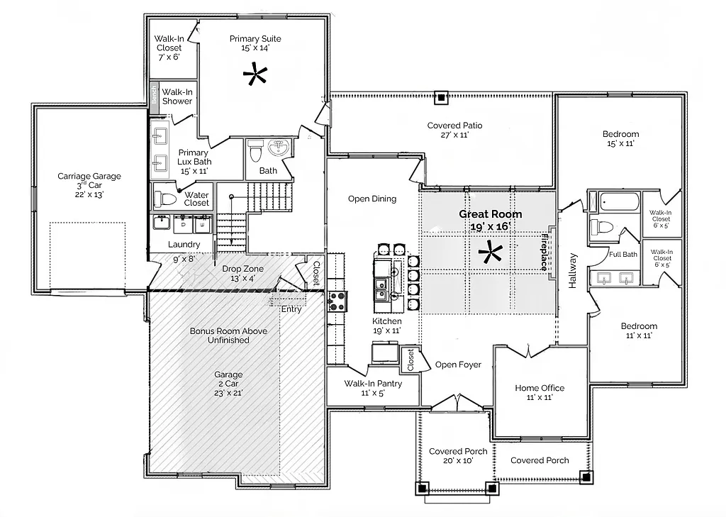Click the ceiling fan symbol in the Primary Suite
(x=254, y=74)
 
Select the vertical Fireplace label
(x=544, y=252)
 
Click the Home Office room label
(x=540, y=392)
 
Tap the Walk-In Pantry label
(x=373, y=388)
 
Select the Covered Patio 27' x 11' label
(x=454, y=130)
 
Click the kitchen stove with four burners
(x=335, y=303)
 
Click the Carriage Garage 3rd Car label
(x=89, y=185)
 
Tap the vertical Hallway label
(x=573, y=271)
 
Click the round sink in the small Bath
(x=279, y=148)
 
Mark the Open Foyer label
(x=458, y=365)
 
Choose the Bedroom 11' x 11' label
(x=639, y=331)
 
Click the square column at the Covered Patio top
(x=441, y=98)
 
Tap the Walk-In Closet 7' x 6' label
(x=169, y=48)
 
